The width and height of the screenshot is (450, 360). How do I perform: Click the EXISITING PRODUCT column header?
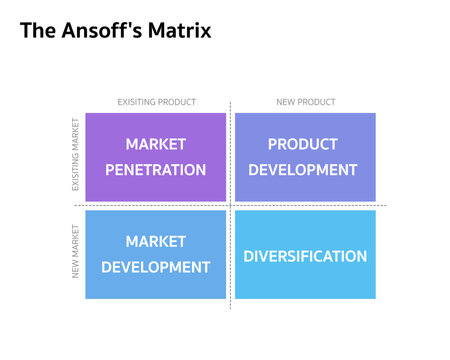[156, 102]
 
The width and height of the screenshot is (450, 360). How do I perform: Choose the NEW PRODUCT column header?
[305, 102]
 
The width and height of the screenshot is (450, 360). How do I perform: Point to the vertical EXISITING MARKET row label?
[75, 156]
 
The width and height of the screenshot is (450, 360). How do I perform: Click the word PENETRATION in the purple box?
[156, 170]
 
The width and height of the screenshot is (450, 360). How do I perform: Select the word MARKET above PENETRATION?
[156, 144]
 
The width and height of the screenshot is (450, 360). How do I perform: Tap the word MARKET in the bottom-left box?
[156, 241]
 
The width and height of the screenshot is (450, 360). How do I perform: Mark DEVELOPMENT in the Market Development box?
[156, 267]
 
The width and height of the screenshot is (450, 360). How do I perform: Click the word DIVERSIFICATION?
[305, 256]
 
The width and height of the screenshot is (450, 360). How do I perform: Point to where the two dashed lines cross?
[231, 205]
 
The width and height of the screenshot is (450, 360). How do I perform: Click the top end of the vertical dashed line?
[231, 102]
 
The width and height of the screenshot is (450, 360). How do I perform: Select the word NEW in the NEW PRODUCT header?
[284, 102]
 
